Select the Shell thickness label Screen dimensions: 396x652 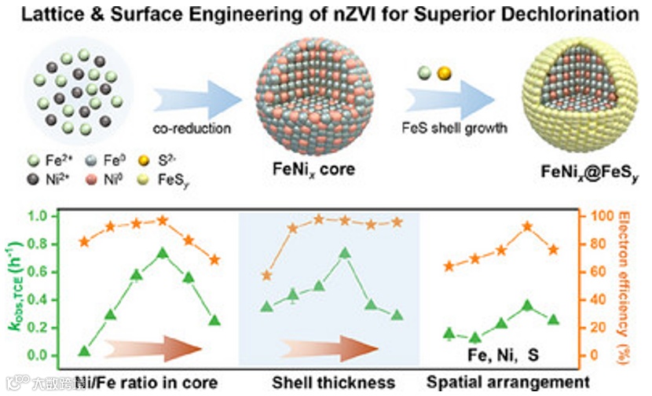pyautogui.click(x=333, y=383)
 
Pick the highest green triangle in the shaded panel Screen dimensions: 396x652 pyautogui.click(x=343, y=253)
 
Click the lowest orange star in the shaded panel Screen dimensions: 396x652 pyautogui.click(x=267, y=276)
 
